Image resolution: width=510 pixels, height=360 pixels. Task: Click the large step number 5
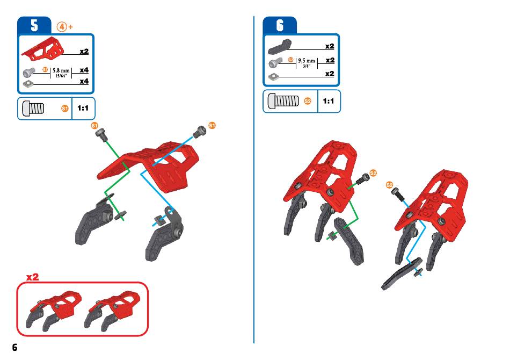coord(34,25)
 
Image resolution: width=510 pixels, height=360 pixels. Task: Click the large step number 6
coord(280,25)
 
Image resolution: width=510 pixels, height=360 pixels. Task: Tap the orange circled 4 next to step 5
coord(62,27)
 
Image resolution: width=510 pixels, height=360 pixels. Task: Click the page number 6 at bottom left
coord(14,347)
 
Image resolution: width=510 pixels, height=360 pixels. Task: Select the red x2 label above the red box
coord(33,277)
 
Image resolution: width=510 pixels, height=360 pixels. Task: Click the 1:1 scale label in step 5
coord(83,108)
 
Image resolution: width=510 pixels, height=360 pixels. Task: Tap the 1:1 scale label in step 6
coord(329,101)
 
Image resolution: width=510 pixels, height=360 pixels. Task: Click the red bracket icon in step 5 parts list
coord(42,49)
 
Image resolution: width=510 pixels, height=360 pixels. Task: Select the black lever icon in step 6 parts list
coord(280,47)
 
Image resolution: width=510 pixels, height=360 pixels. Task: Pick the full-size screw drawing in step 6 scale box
coord(282,100)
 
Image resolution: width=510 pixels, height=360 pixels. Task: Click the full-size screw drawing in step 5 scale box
coord(33,108)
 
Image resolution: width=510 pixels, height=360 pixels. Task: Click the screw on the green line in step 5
coord(101,134)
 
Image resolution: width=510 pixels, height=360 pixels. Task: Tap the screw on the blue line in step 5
coord(199,132)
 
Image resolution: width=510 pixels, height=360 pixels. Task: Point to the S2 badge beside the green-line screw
coord(373,173)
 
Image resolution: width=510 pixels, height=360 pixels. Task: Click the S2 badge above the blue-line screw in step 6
coord(389,185)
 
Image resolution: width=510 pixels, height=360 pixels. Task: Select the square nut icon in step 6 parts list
coord(274,77)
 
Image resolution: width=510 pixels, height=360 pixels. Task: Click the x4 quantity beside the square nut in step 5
coord(84,81)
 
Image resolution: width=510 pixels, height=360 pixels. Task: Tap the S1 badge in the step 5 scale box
coord(65,109)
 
